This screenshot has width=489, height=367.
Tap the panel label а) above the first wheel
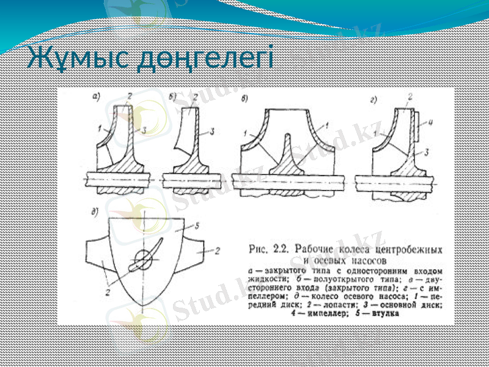95,96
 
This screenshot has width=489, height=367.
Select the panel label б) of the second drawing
173,96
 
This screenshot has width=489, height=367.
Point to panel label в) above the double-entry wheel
245,98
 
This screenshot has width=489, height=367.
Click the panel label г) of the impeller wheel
373,98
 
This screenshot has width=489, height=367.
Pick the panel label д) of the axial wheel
95,212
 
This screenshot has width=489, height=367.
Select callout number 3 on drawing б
211,131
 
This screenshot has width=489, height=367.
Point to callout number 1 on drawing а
98,128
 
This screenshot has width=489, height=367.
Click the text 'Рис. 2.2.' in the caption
270,248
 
